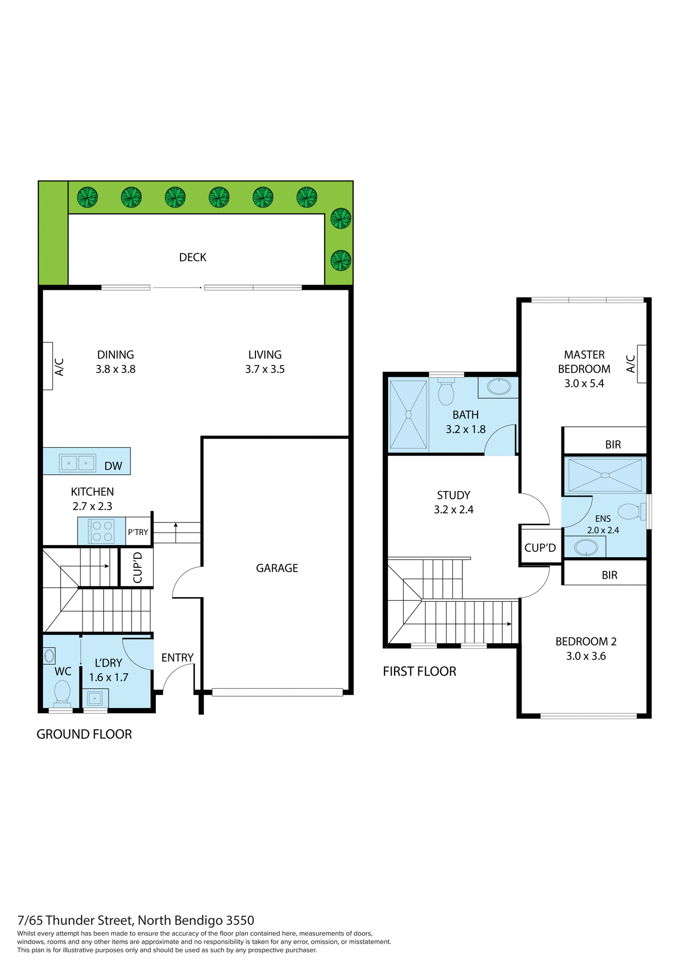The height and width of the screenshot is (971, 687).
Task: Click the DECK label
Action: [x=193, y=257]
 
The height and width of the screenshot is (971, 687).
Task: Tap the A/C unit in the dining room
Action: [x=48, y=366]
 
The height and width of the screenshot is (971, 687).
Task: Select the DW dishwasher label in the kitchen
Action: [x=113, y=466]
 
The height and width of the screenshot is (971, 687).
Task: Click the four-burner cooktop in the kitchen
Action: [x=102, y=531]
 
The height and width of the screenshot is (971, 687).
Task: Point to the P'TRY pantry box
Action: [x=138, y=532]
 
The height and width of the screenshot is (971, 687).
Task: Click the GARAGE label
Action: [x=277, y=568]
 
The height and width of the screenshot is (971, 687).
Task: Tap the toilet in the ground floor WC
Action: [x=62, y=691]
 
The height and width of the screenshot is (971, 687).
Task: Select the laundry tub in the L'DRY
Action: [x=95, y=698]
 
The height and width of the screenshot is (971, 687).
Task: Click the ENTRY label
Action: [x=178, y=657]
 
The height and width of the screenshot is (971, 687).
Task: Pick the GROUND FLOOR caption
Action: [x=84, y=734]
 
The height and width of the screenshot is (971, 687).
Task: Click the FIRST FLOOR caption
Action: [x=419, y=672]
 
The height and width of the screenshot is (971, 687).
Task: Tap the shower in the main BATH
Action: [x=408, y=415]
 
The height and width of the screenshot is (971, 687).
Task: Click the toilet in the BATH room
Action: [x=446, y=392]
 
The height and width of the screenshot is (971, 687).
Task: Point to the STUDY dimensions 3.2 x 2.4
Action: [x=454, y=510]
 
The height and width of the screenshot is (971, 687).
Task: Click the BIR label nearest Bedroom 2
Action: [x=610, y=575]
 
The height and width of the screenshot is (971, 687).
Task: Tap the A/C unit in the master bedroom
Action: [x=641, y=364]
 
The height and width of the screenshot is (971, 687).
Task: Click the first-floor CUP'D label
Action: [x=540, y=548]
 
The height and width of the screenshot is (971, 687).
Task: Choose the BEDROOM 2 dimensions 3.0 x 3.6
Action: [x=586, y=656]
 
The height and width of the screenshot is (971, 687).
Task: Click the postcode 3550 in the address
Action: [x=240, y=920]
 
